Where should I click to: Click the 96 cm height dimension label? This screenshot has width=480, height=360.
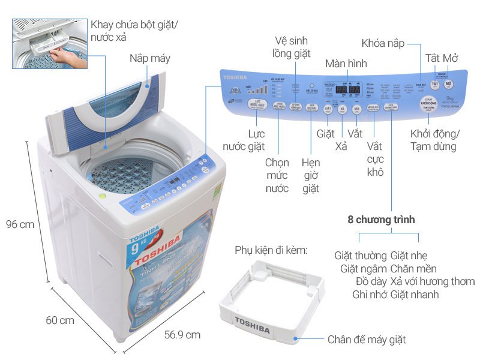point(19,224)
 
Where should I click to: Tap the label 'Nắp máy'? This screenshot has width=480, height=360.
point(150,58)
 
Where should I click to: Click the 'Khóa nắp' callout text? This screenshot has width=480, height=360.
point(383,43)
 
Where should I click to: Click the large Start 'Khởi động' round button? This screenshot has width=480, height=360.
point(428,103)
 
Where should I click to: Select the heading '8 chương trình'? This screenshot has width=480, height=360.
point(381,220)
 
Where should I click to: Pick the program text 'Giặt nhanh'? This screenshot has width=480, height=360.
point(414,294)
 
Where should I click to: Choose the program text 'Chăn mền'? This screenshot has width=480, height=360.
point(413,268)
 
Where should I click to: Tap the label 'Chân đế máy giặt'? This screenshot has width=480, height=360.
point(367,340)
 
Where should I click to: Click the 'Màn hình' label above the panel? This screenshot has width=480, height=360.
point(346,64)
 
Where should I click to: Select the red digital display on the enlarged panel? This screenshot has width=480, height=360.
point(347,90)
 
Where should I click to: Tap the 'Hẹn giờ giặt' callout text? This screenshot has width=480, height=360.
point(311,175)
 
